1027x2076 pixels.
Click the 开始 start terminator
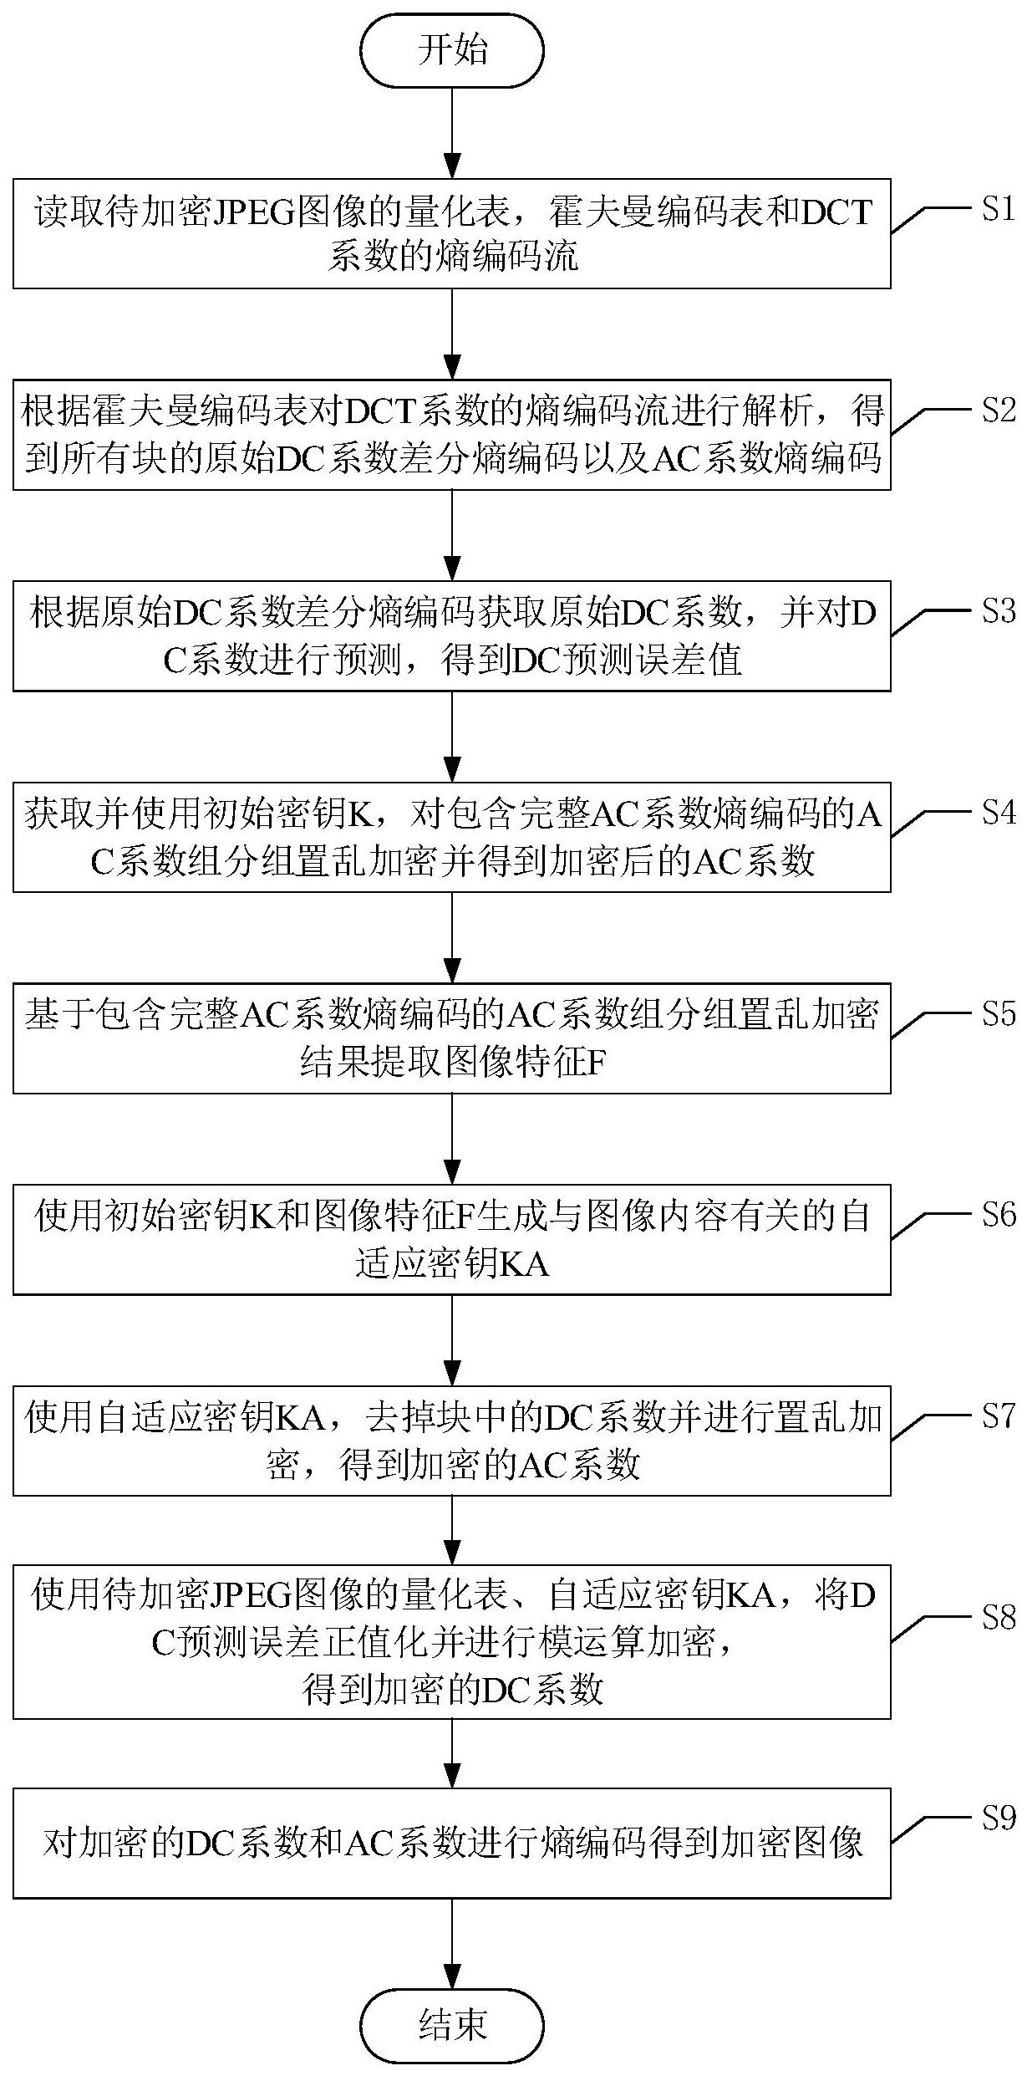[x=452, y=51]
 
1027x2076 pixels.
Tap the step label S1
[x=997, y=209]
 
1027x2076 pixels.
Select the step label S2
[x=997, y=410]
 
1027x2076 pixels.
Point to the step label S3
[x=997, y=611]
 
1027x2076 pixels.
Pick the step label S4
[x=997, y=812]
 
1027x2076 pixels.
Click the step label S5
[x=997, y=1013]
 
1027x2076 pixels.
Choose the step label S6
[x=997, y=1214]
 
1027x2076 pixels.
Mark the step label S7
[x=997, y=1415]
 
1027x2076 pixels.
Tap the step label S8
[x=997, y=1617]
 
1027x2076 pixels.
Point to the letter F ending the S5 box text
[x=595, y=1064]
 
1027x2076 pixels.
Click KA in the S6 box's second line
[x=524, y=1264]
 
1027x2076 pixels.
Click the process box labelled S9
[x=452, y=1843]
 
